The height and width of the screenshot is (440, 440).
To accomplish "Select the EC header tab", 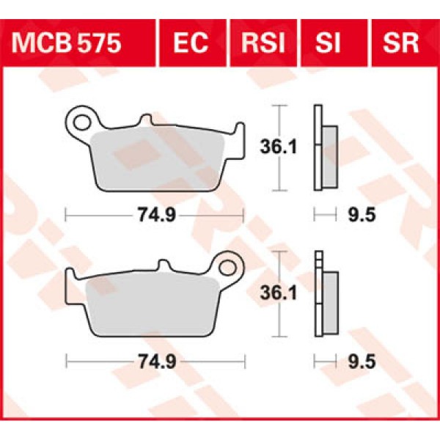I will click(193, 43).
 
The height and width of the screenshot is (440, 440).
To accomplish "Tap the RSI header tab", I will click(263, 43).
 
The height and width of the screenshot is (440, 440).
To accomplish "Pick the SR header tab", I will click(400, 43).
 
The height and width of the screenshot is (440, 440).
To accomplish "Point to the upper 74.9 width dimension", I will click(153, 215).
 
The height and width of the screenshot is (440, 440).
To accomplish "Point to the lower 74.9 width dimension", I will click(153, 362).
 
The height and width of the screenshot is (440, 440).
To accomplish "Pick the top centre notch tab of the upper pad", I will click(146, 120).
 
